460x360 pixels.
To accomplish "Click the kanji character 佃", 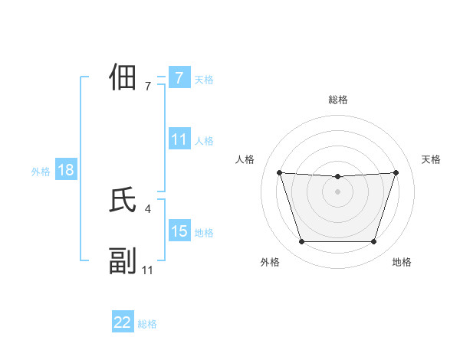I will tap(123, 77).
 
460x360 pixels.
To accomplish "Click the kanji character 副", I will tap(123, 261).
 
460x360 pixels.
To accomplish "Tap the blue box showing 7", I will tap(179, 77).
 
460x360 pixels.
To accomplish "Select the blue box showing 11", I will tap(179, 139).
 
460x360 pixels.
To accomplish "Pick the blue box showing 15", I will tap(179, 231).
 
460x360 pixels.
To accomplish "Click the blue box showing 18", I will tap(66, 170).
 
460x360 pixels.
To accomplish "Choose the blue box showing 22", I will tap(123, 322).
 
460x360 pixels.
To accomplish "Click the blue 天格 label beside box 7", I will tap(204, 79).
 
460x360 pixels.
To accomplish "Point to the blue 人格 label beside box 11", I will tap(204, 141).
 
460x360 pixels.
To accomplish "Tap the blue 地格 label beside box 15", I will tap(204, 232).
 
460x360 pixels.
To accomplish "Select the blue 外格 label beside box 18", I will tap(40, 172).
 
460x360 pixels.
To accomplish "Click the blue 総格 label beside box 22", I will tap(147, 324).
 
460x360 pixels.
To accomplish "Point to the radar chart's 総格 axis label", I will tap(337, 100).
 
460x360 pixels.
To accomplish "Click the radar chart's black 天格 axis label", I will tap(431, 159).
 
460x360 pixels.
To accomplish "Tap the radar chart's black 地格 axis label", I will tap(402, 262).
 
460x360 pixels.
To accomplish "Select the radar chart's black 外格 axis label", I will tap(270, 262).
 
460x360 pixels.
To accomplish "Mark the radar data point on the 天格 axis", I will tap(396, 172).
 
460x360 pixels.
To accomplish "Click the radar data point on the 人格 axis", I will tap(279, 172).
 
